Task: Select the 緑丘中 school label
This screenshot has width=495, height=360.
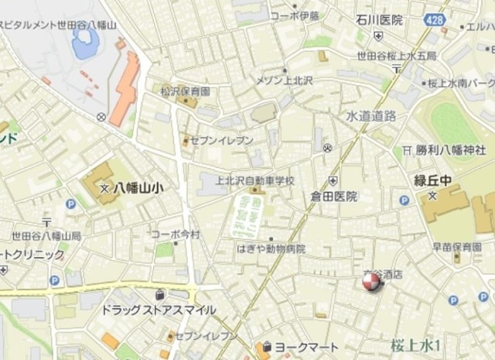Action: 432,181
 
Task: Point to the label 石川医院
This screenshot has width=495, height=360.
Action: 380,20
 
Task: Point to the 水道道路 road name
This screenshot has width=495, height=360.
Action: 370,115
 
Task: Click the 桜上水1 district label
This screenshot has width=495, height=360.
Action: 415,345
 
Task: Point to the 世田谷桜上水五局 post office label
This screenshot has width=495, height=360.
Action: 397,56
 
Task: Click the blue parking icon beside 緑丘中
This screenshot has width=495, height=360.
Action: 404,201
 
